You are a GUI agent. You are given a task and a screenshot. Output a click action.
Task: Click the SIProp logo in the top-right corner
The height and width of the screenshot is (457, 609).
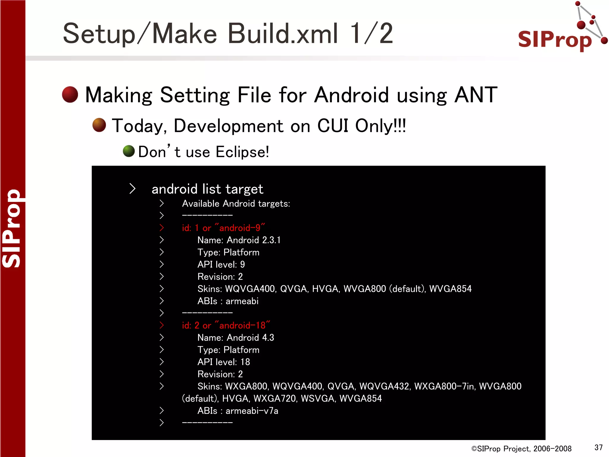pyautogui.click(x=559, y=33)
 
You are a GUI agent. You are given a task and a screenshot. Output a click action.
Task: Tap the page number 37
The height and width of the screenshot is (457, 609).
pyautogui.click(x=598, y=447)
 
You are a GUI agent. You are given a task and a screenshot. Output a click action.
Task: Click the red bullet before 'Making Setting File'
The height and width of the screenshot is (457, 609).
pyautogui.click(x=70, y=95)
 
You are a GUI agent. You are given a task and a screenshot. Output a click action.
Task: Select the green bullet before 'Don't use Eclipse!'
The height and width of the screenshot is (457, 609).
pyautogui.click(x=129, y=151)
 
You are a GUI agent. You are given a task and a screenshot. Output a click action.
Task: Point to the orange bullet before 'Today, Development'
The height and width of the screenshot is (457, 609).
pyautogui.click(x=99, y=125)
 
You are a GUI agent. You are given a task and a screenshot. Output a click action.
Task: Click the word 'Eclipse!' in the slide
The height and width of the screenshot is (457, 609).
pyautogui.click(x=242, y=152)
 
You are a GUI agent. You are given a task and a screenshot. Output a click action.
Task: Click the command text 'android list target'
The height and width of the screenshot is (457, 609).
pyautogui.click(x=207, y=189)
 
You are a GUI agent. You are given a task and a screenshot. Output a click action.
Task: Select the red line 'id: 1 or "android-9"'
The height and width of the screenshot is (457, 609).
pyautogui.click(x=223, y=228)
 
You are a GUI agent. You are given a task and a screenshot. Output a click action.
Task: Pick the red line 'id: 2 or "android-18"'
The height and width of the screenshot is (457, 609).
pyautogui.click(x=226, y=325)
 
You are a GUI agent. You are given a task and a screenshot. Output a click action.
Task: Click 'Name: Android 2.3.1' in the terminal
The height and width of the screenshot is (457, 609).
pyautogui.click(x=239, y=240)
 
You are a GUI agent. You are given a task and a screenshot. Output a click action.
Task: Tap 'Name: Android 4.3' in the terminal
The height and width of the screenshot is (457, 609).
pyautogui.click(x=236, y=338)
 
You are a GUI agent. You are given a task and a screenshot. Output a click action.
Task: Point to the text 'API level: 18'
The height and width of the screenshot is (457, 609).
pyautogui.click(x=224, y=362)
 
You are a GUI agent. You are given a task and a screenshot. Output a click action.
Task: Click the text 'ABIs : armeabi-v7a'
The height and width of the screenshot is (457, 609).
pyautogui.click(x=238, y=411)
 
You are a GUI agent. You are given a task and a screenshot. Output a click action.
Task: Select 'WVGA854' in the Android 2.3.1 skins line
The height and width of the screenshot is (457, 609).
pyautogui.click(x=450, y=289)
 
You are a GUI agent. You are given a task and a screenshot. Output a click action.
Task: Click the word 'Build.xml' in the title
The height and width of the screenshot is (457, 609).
pyautogui.click(x=283, y=34)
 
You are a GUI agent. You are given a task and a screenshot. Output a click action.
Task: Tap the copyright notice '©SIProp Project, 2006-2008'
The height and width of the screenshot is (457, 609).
pyautogui.click(x=521, y=449)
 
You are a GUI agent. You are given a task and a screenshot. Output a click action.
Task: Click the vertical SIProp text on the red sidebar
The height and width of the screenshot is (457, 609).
pyautogui.click(x=12, y=228)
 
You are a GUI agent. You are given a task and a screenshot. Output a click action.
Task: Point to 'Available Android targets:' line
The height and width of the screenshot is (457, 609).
pyautogui.click(x=236, y=204)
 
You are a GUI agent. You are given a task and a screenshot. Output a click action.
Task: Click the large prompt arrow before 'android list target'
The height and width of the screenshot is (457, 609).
pyautogui.click(x=133, y=189)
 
